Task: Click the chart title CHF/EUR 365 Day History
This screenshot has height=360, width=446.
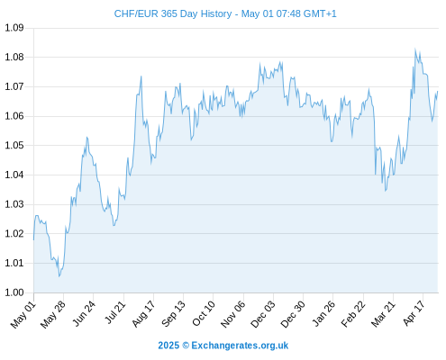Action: point(173,13)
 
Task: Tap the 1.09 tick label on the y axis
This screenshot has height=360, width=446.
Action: point(14,28)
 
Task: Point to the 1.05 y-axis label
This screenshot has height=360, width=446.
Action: point(14,146)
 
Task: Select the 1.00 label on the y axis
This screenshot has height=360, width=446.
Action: point(14,292)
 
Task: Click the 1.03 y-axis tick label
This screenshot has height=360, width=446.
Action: point(14,204)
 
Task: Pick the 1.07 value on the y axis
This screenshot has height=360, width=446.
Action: point(14,86)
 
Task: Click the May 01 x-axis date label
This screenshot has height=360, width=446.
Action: point(23,315)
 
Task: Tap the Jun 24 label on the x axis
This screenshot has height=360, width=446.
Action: point(84,314)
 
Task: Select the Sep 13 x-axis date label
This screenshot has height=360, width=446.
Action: point(173,314)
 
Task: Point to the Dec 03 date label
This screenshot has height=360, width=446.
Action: point(263,314)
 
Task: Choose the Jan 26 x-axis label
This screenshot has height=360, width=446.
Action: point(323,314)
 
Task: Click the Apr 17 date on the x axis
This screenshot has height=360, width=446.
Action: point(414,313)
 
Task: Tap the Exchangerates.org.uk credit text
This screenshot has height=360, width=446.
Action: point(240,346)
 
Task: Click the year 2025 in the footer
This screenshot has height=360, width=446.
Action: point(168,346)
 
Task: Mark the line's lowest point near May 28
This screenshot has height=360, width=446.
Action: point(59,276)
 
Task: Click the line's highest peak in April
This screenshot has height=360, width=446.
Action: point(415,49)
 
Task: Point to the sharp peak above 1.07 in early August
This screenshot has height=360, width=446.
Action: point(141,76)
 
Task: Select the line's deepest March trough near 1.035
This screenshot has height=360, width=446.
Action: point(386,191)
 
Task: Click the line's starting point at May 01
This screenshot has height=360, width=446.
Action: point(33,240)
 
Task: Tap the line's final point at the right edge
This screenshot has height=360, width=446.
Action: point(438,91)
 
